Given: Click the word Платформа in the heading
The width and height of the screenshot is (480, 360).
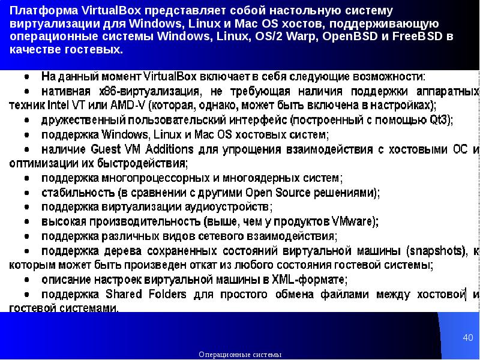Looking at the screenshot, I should tap(38, 11).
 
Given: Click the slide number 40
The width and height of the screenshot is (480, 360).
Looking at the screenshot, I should tap(468, 338).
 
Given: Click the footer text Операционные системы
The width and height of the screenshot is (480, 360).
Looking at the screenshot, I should tap(240, 355).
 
